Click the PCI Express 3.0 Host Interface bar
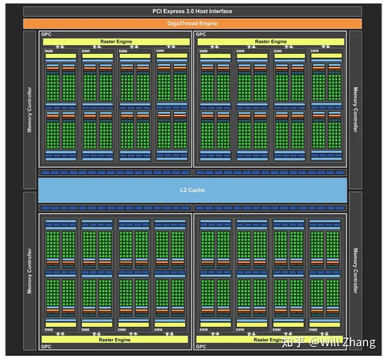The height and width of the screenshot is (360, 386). (x=192, y=11)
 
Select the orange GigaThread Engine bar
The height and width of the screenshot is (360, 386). (x=192, y=24)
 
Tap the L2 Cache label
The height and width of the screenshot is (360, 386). (x=192, y=190)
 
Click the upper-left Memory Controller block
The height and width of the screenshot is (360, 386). (x=29, y=110)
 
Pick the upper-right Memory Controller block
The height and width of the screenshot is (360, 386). (x=355, y=110)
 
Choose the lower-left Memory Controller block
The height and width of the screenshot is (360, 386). (x=29, y=271)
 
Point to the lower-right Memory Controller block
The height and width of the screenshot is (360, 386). (x=355, y=271)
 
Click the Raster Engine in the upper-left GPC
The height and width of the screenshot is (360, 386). (x=116, y=42)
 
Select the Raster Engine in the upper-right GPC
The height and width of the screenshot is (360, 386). (x=270, y=42)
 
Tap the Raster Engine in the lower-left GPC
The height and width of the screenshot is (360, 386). (x=115, y=339)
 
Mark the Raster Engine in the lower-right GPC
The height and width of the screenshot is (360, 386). (x=269, y=339)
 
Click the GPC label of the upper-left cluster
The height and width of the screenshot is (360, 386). (x=46, y=34)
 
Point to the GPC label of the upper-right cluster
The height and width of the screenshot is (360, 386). (x=201, y=34)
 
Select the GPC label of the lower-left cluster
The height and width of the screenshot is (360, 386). (x=46, y=347)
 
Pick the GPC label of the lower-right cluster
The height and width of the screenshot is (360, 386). (x=201, y=347)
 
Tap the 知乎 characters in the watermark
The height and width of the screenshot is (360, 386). (x=293, y=342)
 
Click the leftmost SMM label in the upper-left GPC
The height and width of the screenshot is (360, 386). (x=49, y=51)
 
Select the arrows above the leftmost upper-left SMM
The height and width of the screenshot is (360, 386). (x=60, y=47)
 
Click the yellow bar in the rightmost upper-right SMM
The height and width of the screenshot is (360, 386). (x=326, y=55)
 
